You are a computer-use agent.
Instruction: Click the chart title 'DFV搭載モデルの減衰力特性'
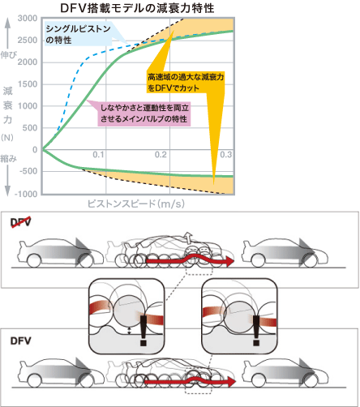coord(137,8)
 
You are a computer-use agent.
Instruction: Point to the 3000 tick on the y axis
coord(28,19)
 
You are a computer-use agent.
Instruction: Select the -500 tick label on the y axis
coord(28,171)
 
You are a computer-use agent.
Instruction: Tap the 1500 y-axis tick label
coord(28,84)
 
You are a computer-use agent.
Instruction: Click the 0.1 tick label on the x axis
coord(98,155)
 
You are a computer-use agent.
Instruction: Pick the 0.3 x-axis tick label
coord(226,155)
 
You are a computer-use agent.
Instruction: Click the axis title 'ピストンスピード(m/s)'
coord(136,203)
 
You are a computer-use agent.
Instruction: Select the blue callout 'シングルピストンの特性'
coord(79,34)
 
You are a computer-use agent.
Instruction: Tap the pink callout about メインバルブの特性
coord(144,114)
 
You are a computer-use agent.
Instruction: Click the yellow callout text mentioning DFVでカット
coord(186,83)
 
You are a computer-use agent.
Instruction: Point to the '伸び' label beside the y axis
coord(9,55)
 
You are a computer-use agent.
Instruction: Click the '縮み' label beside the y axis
coord(9,159)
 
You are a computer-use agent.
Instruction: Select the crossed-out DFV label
coord(20,222)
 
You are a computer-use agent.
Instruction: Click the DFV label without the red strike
coord(20,341)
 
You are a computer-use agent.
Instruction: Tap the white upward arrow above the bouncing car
coord(187,237)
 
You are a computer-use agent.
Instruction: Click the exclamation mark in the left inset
coord(144,330)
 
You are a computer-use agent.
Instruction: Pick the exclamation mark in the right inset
coord(256,330)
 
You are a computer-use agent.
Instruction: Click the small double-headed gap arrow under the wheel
coord(129,331)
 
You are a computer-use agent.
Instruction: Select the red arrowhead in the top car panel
coord(229,261)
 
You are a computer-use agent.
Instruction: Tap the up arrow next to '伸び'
coord(8,33)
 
